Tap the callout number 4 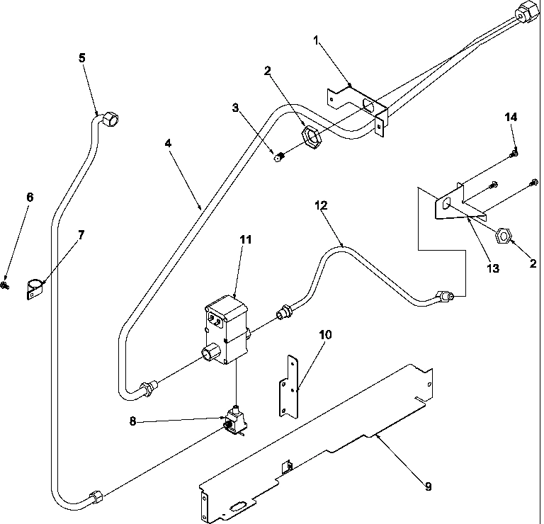coord(168,142)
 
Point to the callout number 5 coord(82,58)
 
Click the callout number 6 coord(30,197)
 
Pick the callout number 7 coord(81,235)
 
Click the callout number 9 coord(428,486)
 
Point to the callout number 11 coord(246,240)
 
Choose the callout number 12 coord(322,205)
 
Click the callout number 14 coord(509,117)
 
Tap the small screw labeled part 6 coord(6,285)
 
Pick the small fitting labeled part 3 coord(280,156)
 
